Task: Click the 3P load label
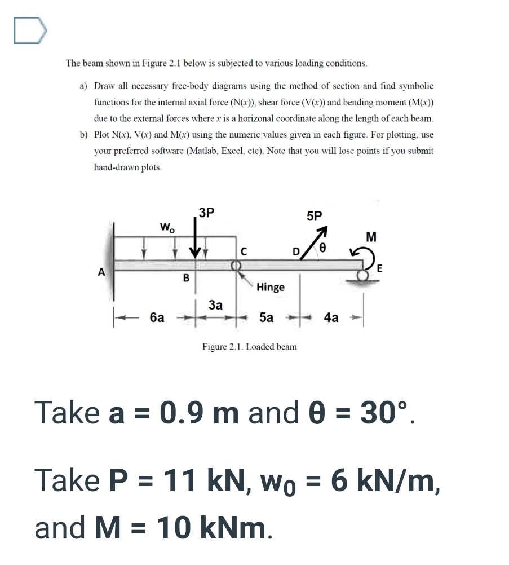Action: tap(207, 213)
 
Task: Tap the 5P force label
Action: tap(315, 216)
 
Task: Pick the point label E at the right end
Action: tap(380, 270)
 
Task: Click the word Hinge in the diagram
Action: tap(270, 287)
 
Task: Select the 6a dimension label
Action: tap(157, 317)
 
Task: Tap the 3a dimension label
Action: tap(215, 305)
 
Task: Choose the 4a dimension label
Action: tap(331, 317)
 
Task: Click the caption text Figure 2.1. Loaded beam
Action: tap(249, 347)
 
